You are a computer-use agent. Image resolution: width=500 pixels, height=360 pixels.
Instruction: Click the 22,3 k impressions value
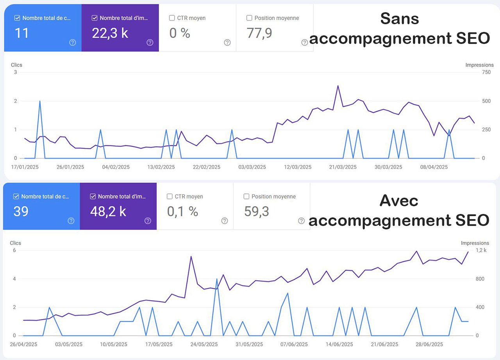point(110,33)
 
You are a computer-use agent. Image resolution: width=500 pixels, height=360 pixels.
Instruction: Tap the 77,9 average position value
point(259,33)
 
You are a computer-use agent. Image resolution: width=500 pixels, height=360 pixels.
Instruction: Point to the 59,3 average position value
point(257,211)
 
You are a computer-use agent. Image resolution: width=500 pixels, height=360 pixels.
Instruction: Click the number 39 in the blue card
point(21,211)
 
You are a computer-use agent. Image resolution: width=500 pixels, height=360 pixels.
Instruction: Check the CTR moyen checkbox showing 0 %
point(172,18)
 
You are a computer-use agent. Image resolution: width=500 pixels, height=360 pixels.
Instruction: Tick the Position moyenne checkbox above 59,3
point(246,196)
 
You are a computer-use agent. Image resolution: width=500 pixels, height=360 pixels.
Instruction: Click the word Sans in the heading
point(399,18)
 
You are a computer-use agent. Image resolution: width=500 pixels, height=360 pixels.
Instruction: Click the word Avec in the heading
point(398,201)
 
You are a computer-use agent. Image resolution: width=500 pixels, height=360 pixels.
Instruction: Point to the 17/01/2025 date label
point(25,167)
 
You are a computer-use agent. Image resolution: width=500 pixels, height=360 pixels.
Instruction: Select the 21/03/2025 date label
point(343,167)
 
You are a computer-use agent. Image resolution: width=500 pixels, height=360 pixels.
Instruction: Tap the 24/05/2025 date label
point(204,344)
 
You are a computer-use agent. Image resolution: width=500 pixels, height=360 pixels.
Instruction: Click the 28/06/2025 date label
point(429,344)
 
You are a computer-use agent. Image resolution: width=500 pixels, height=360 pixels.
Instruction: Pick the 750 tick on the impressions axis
point(486,72)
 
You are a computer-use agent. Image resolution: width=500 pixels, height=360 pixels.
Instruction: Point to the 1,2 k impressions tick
point(481,250)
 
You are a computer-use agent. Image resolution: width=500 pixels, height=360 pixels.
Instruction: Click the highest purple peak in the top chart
point(338,86)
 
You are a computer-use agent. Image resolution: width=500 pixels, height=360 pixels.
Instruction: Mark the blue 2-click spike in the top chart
point(40,101)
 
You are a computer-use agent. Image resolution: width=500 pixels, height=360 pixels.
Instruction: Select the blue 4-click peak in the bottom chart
point(216,279)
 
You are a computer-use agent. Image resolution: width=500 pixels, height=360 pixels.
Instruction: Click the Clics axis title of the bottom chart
point(15,243)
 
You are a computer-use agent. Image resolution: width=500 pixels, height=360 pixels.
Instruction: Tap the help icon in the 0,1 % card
point(225,221)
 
